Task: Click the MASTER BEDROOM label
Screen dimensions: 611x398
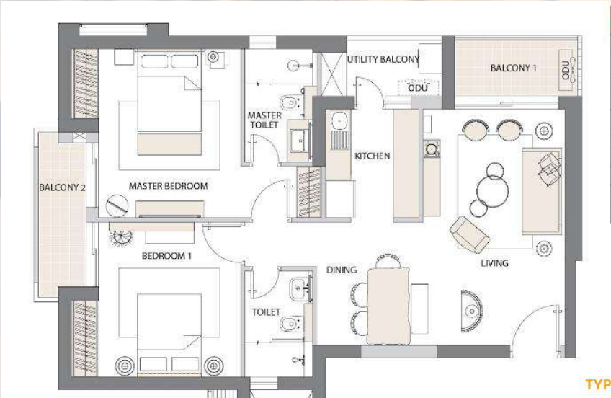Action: pos(169,186)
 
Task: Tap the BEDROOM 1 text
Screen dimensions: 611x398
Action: pos(166,256)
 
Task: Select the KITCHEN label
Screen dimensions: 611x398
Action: pos(372,156)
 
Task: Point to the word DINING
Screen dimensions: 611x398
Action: pos(342,270)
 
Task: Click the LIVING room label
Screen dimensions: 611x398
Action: pos(494,263)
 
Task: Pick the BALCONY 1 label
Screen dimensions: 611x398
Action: pos(513,68)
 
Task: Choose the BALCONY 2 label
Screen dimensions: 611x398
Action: pos(62,187)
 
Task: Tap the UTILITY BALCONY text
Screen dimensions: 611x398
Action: pos(383,59)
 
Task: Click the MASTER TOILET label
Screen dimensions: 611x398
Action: pos(264,120)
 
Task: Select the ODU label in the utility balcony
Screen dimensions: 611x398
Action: pos(418,88)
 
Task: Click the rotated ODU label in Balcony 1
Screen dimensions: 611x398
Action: pos(566,70)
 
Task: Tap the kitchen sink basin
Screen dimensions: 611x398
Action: pos(340,120)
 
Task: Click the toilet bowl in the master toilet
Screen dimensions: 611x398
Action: pos(289,103)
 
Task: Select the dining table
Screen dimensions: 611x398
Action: pos(388,306)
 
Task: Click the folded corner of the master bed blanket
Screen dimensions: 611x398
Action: pos(193,83)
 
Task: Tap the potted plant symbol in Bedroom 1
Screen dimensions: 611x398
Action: pos(120,236)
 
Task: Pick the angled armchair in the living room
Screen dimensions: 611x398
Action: pos(470,234)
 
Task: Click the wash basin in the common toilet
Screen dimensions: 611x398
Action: pos(300,290)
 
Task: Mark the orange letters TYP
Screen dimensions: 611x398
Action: pos(598,384)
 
